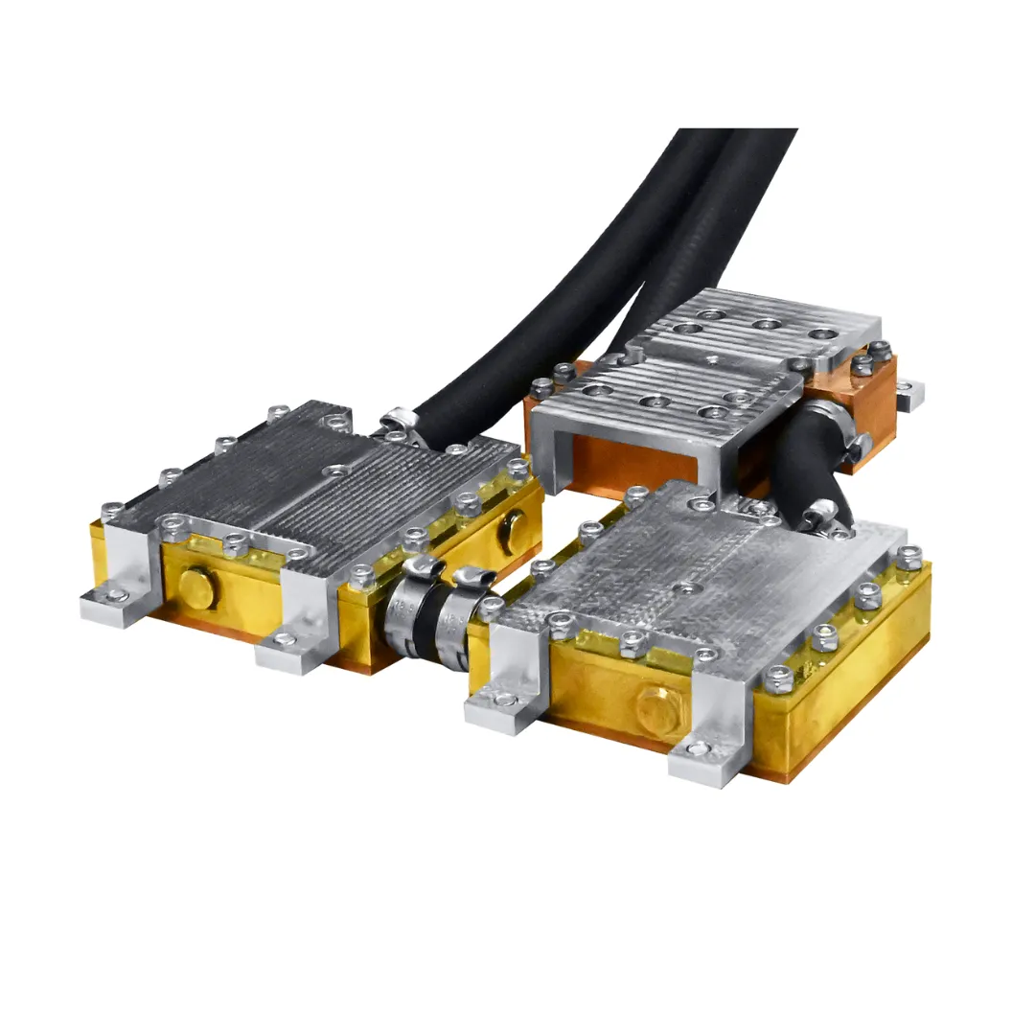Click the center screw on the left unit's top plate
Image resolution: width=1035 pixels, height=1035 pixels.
point(336,471)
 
